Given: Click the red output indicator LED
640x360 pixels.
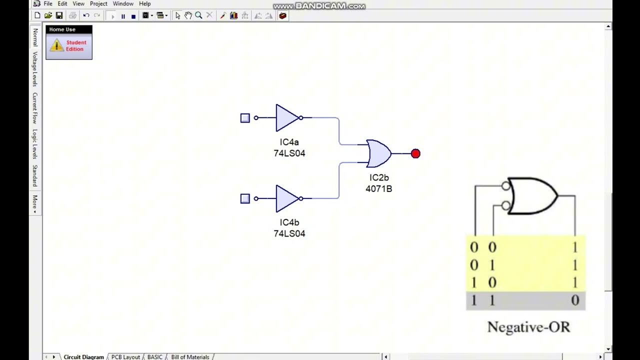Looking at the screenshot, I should pyautogui.click(x=415, y=153).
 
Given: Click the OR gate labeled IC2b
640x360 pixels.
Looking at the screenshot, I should pyautogui.click(x=378, y=153).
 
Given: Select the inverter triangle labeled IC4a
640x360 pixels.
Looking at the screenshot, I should pyautogui.click(x=286, y=118).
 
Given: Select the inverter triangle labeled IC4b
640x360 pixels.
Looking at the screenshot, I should pyautogui.click(x=286, y=198).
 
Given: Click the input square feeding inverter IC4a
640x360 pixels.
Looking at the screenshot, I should pyautogui.click(x=245, y=118).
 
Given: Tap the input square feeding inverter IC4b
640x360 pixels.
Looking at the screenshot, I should pyautogui.click(x=245, y=198).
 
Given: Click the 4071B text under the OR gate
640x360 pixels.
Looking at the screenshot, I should pyautogui.click(x=378, y=189).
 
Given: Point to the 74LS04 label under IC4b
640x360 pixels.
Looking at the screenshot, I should pyautogui.click(x=289, y=233).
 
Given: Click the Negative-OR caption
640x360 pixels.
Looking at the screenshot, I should pyautogui.click(x=528, y=327).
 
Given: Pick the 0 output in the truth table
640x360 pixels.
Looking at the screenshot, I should pyautogui.click(x=575, y=300).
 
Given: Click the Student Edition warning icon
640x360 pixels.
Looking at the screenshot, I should pyautogui.click(x=56, y=45).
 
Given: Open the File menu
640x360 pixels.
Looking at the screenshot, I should pyautogui.click(x=48, y=3).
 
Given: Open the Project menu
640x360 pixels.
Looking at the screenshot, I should pyautogui.click(x=98, y=3).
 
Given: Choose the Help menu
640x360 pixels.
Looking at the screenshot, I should pyautogui.click(x=144, y=3).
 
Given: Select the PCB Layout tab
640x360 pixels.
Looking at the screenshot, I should pyautogui.click(x=125, y=357).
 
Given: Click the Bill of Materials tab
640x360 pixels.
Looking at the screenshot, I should pyautogui.click(x=190, y=357).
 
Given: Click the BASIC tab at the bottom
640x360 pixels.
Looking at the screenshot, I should pyautogui.click(x=154, y=357).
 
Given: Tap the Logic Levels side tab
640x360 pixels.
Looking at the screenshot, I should pyautogui.click(x=35, y=144).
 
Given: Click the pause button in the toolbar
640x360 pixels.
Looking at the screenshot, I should pyautogui.click(x=123, y=16).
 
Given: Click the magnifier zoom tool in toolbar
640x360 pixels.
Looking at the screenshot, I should pyautogui.click(x=198, y=15).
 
